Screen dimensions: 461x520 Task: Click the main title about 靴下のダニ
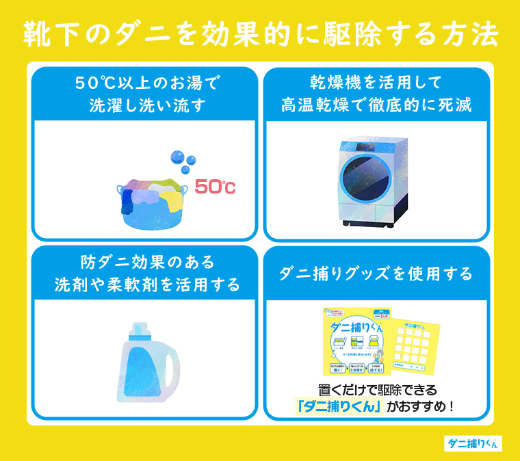260,34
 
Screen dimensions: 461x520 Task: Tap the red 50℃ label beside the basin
214,186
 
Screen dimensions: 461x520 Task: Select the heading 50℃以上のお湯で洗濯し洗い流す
147,94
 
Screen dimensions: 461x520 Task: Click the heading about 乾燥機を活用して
376,94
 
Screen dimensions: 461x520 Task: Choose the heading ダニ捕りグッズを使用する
376,274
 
